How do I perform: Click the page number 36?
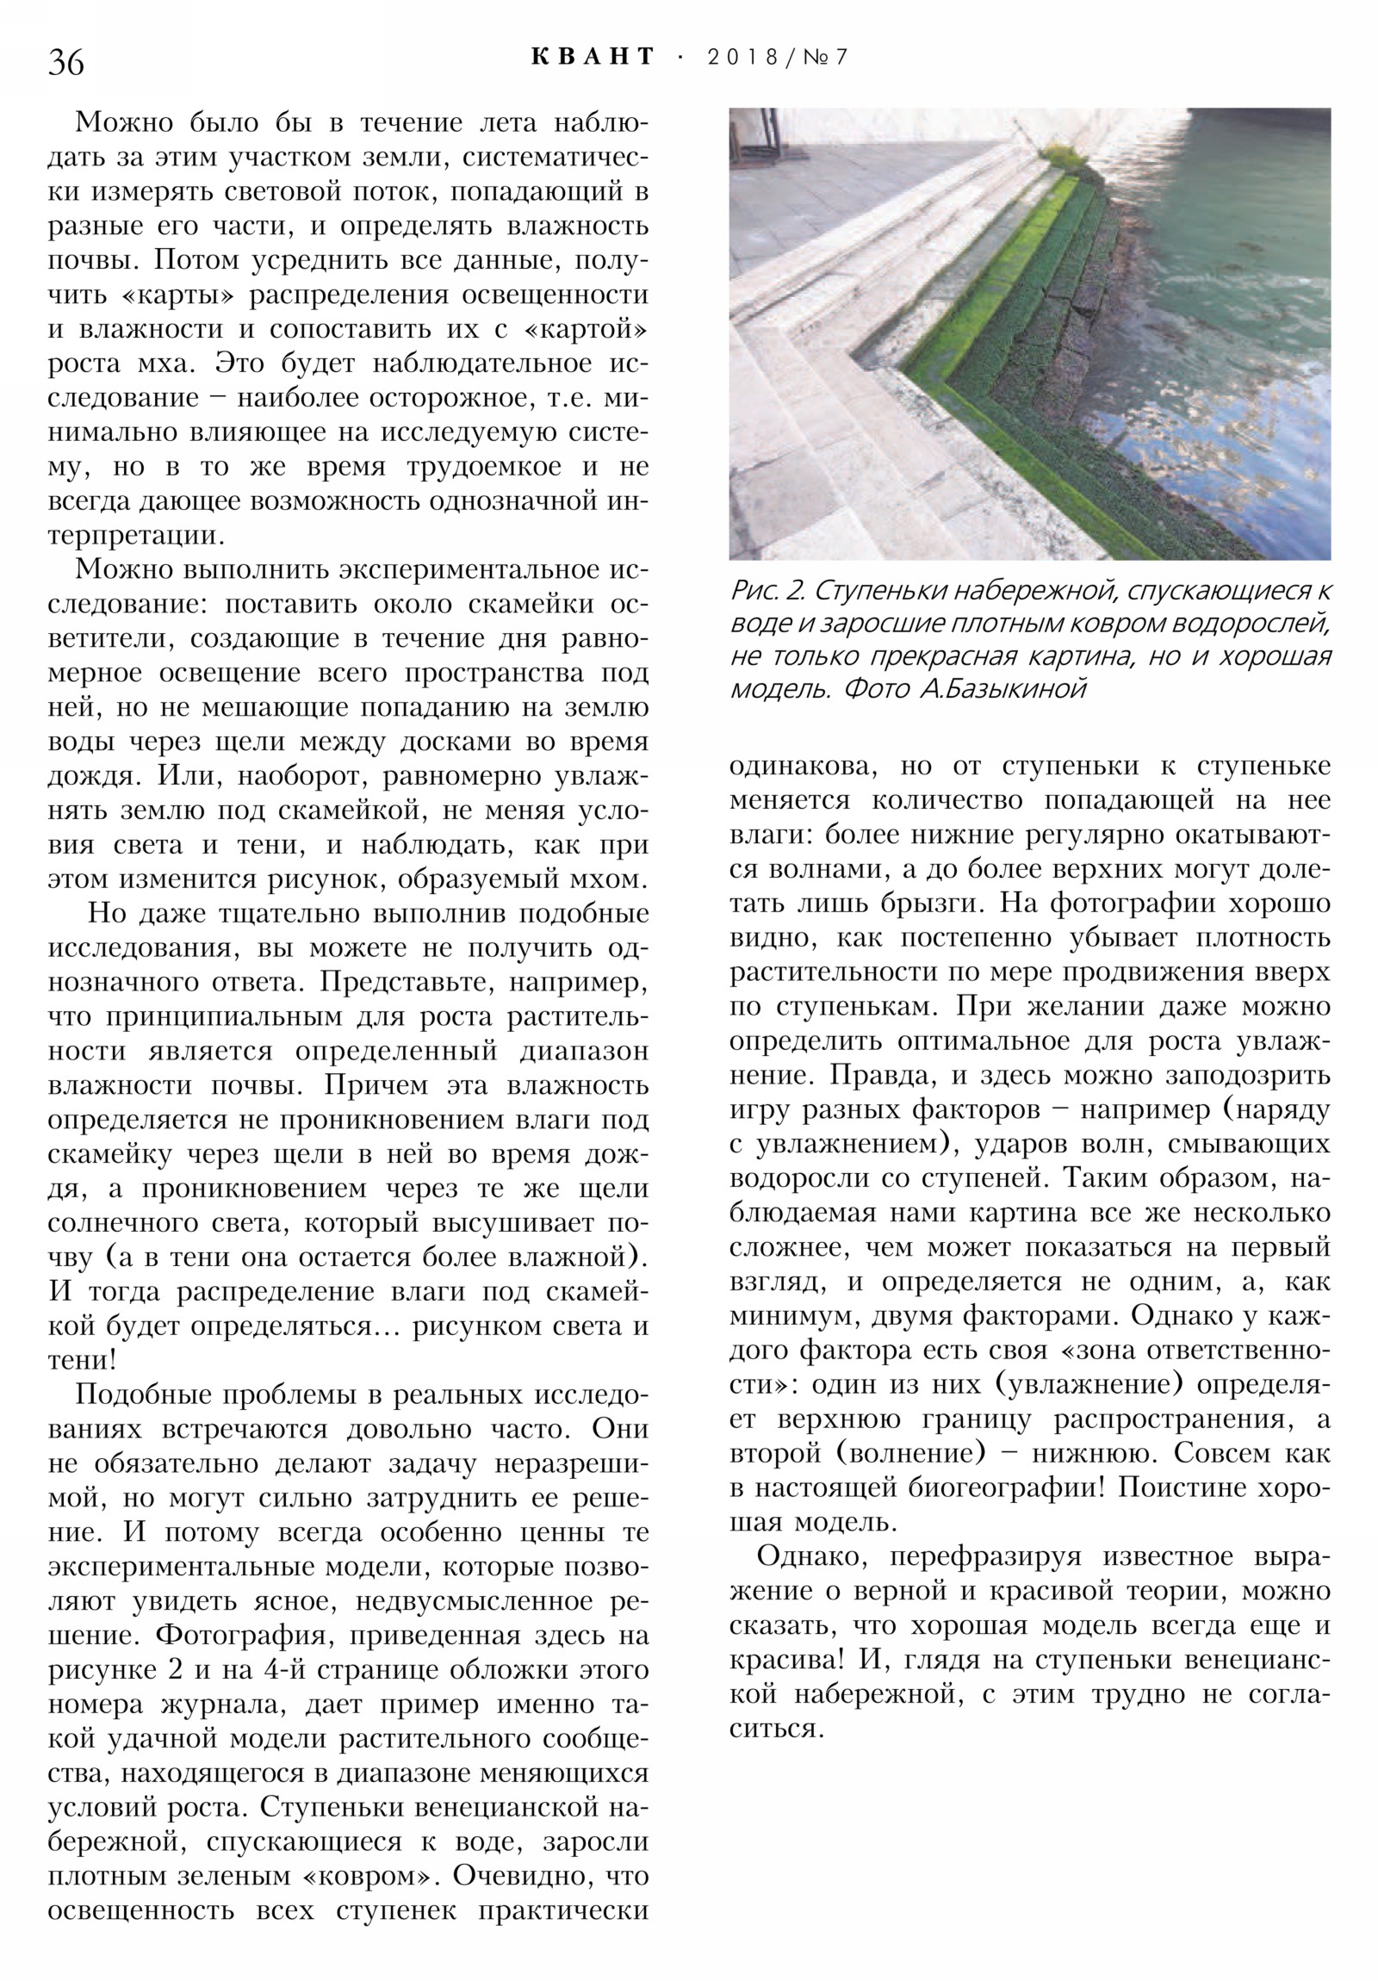(x=65, y=63)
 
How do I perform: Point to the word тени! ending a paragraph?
(x=82, y=1361)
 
